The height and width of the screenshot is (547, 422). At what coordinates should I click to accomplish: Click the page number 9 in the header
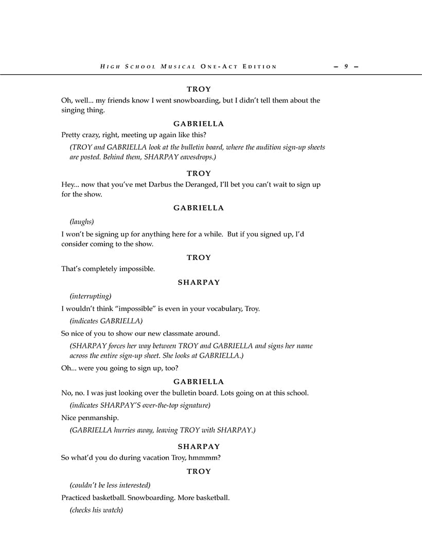point(346,66)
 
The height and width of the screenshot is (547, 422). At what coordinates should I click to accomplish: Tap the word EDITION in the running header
point(260,66)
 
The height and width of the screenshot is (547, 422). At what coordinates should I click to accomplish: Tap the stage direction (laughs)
point(82,221)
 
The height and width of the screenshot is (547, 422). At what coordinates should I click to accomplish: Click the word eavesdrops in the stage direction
point(198,157)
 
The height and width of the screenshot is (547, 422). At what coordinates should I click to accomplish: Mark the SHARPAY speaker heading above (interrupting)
point(199,282)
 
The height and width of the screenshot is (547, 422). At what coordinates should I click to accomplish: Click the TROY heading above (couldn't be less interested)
point(199,471)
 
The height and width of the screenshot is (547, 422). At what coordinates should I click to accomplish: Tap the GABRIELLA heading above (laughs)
point(199,208)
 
